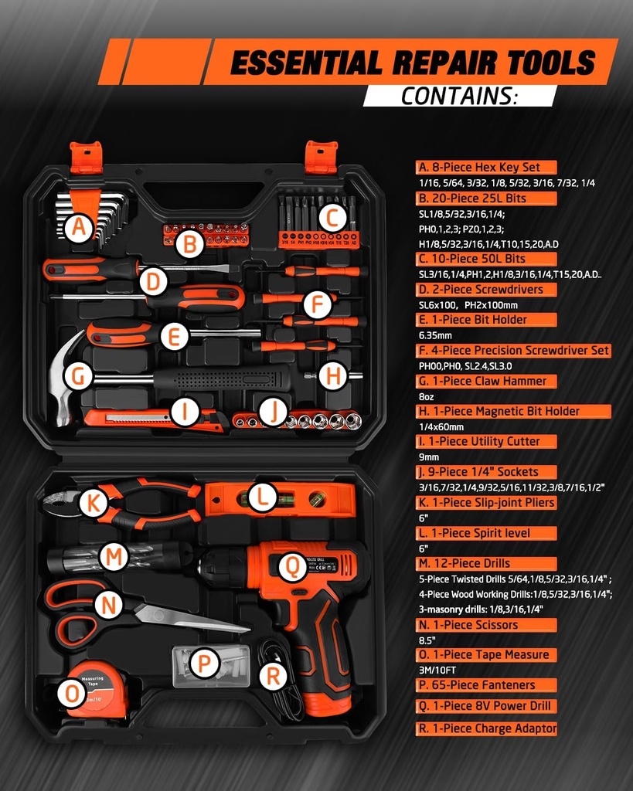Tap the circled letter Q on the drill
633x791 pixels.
click(292, 568)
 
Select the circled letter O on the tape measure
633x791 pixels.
click(72, 694)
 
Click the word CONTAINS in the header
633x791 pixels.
click(458, 97)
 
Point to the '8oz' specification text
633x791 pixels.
click(427, 396)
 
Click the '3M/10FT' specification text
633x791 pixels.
click(437, 670)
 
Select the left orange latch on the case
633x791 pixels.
click(86, 158)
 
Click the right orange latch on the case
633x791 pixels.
click(320, 158)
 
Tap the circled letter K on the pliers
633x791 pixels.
click(93, 503)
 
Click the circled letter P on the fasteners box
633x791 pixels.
click(204, 663)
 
